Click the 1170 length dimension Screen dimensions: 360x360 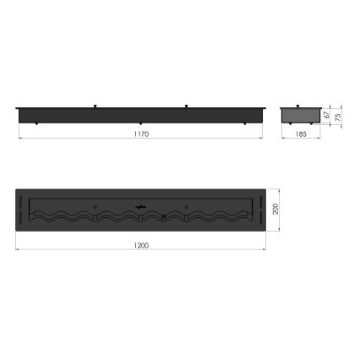click(x=141, y=135)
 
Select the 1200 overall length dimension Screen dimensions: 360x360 click(x=141, y=245)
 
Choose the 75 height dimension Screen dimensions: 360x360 click(x=338, y=116)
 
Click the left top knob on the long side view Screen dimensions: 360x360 click(x=95, y=106)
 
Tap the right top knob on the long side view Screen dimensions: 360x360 click(x=186, y=106)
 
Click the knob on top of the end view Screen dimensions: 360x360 click(x=302, y=106)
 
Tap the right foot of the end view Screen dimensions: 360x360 click(x=315, y=124)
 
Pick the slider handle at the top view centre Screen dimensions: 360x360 click(x=140, y=206)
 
